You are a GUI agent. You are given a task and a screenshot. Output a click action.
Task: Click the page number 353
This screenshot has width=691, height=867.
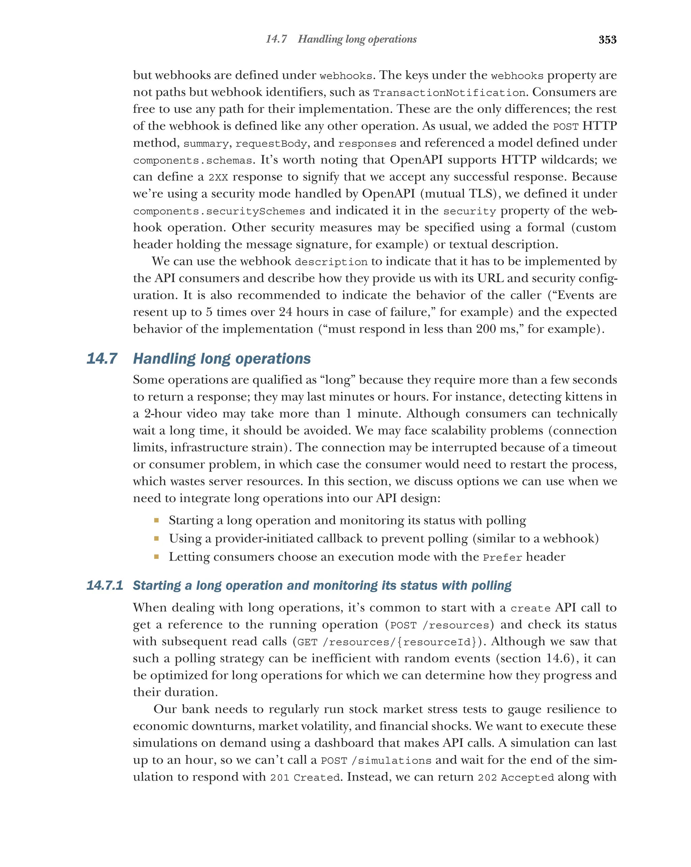coord(607,39)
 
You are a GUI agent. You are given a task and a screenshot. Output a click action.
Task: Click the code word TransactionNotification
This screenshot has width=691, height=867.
coord(449,93)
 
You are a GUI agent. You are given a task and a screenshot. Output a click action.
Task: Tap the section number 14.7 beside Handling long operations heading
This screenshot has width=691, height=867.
coord(102,358)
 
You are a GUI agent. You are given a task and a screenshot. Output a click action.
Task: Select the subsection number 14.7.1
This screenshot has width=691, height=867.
coord(105,585)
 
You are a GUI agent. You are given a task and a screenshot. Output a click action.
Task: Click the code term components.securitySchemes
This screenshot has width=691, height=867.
coord(219,211)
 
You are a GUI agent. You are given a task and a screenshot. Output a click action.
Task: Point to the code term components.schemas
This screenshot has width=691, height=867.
coord(193,160)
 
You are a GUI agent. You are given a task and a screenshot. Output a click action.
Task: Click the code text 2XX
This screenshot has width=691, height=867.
coord(218,177)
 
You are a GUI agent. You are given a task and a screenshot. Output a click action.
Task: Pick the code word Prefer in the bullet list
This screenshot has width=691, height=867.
coord(502,558)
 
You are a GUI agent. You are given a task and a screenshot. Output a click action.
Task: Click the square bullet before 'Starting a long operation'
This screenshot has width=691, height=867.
coord(156,520)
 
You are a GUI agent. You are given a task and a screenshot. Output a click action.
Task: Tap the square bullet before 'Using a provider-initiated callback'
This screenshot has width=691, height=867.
coord(156,538)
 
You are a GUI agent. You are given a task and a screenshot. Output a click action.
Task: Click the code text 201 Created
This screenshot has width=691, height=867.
coord(305,777)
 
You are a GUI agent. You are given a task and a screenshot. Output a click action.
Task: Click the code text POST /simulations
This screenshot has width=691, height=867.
coord(376,760)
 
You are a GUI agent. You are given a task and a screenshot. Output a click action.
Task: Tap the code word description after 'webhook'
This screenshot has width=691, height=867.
coord(331,262)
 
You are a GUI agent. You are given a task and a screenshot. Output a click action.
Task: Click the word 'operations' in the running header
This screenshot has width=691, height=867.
coord(392,39)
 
